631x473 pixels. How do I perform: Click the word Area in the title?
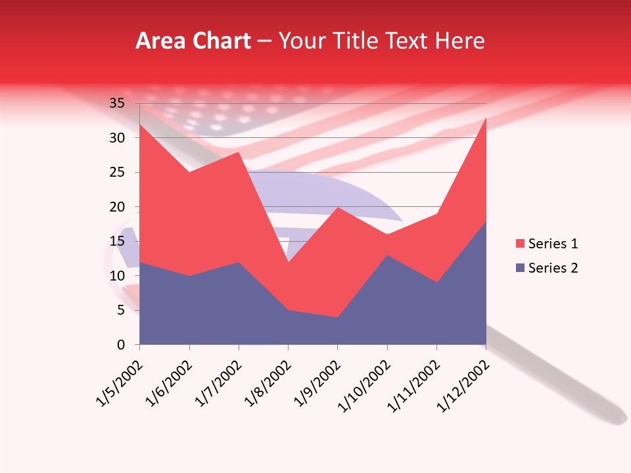click(x=159, y=41)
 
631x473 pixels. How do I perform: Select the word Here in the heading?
click(x=458, y=41)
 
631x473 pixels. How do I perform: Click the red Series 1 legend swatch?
click(x=521, y=244)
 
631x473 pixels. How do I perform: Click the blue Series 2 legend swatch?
click(x=521, y=267)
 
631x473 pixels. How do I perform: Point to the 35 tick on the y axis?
click(x=117, y=103)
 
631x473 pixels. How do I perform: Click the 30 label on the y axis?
click(x=117, y=138)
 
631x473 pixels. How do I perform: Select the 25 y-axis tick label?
click(x=117, y=172)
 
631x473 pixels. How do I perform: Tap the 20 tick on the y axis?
click(x=117, y=207)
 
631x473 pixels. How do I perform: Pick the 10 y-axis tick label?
click(x=117, y=276)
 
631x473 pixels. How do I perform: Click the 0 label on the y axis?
click(x=121, y=345)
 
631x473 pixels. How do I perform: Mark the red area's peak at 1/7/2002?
click(x=239, y=152)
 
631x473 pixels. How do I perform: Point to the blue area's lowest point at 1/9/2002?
click(x=338, y=317)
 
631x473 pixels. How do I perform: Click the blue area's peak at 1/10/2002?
click(x=387, y=256)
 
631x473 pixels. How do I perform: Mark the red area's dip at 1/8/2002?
click(x=288, y=262)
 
